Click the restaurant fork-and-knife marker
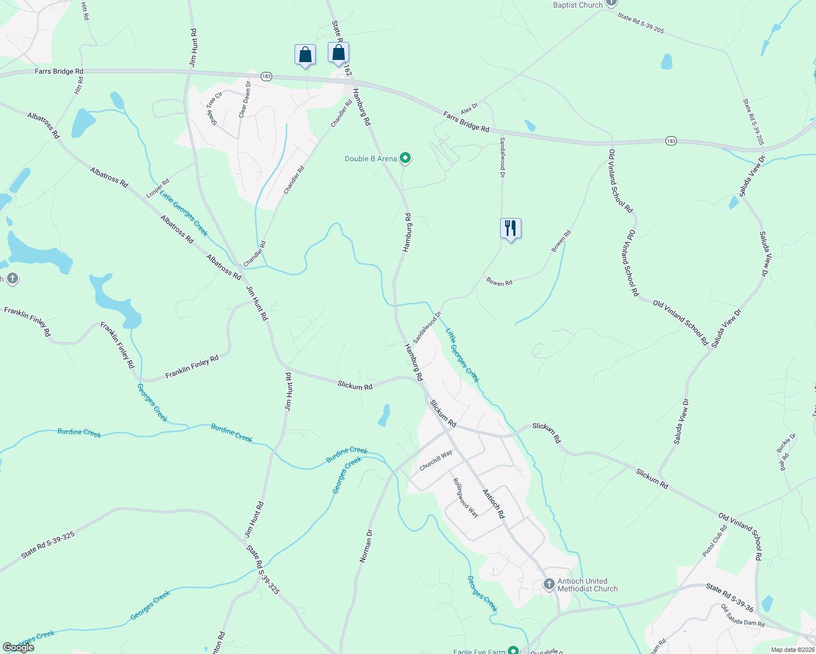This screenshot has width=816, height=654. tap(511, 228)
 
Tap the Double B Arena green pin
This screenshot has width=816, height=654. tap(405, 159)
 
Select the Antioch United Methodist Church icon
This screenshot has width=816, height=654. tap(549, 585)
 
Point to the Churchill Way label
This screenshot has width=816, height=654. tap(436, 461)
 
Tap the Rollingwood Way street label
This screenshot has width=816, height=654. tap(465, 498)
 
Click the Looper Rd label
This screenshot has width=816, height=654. tap(158, 189)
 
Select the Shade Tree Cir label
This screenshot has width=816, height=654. tap(214, 108)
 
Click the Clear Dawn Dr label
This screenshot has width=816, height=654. tap(245, 99)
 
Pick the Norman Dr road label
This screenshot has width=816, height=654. tap(366, 546)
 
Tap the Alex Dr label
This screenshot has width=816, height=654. tap(469, 108)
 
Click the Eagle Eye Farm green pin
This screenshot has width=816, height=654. tap(513, 650)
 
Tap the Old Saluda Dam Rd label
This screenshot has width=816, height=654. tap(742, 615)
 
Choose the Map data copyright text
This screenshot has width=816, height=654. tap(793, 650)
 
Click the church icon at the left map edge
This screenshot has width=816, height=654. tap(12, 279)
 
